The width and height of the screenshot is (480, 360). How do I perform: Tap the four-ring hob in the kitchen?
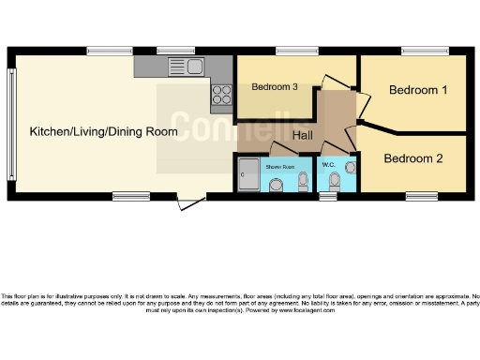[x=222, y=93]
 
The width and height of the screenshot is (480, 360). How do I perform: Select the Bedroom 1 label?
[x=417, y=90]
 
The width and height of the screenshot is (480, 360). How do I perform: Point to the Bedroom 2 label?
[x=412, y=158]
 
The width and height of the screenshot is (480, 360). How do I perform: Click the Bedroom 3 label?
[x=275, y=87]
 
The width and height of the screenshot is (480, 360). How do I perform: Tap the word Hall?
[x=302, y=136]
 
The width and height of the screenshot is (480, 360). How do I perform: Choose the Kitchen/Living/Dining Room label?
[x=103, y=131]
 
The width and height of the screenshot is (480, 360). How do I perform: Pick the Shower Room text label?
[x=279, y=166]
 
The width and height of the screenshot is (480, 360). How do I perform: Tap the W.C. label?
[x=328, y=166]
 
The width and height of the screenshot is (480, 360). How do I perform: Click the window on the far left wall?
[x=12, y=124]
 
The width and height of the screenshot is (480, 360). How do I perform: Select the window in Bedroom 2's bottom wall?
[x=419, y=195]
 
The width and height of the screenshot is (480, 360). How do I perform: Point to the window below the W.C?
[x=328, y=196]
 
